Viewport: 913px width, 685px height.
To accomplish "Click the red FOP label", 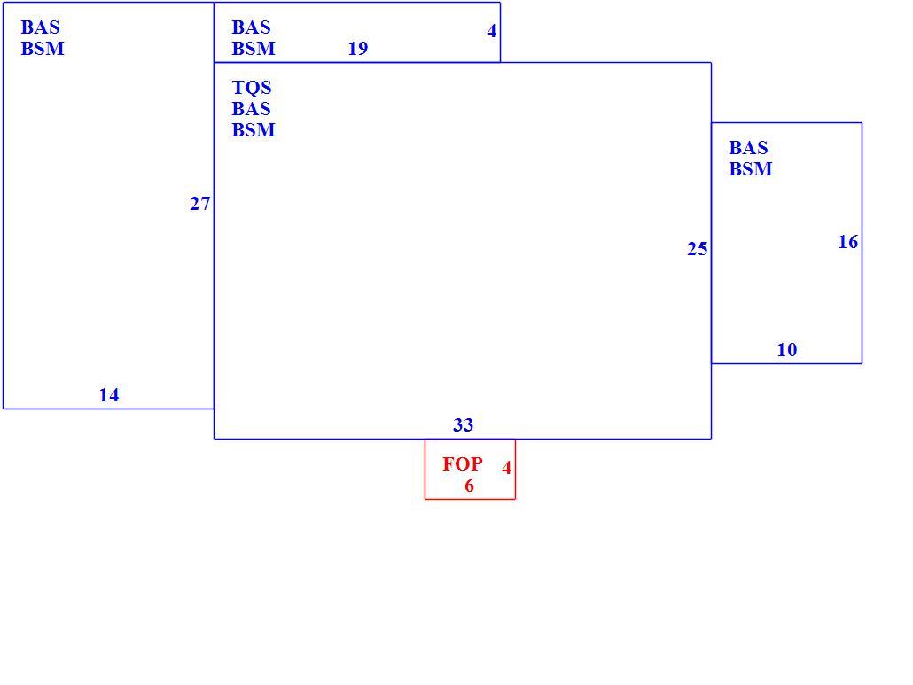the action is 463,463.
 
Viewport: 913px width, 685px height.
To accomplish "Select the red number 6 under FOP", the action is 469,486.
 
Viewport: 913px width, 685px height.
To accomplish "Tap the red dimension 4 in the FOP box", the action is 506,467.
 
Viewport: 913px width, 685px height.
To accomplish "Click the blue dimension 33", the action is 464,424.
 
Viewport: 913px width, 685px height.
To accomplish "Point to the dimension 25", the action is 698,249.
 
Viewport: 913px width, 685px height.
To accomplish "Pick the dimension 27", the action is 200,204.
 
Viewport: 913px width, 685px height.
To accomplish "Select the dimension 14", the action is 109,395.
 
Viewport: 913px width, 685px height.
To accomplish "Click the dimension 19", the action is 358,49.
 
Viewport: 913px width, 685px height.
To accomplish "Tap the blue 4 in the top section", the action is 492,31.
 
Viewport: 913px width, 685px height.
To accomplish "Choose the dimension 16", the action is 848,242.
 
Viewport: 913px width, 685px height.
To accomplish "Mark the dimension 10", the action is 787,350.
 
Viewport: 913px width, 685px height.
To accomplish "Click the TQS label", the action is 252,88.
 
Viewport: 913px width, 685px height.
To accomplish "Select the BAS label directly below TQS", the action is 251,108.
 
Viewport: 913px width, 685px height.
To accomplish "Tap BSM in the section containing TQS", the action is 254,129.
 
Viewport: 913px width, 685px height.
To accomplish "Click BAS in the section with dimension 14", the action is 40,27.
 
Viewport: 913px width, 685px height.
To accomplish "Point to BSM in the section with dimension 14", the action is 43,49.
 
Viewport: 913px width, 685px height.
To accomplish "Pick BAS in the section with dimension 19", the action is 251,27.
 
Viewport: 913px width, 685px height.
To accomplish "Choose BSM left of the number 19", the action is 254,49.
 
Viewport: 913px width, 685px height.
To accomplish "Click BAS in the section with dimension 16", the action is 748,147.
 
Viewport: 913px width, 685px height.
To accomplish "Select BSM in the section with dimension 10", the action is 751,168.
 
